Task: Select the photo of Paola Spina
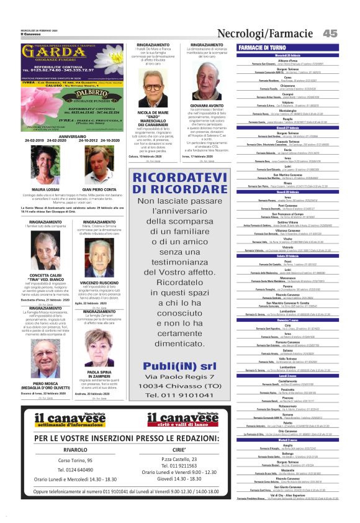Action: pyautogui.click(x=99, y=345)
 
